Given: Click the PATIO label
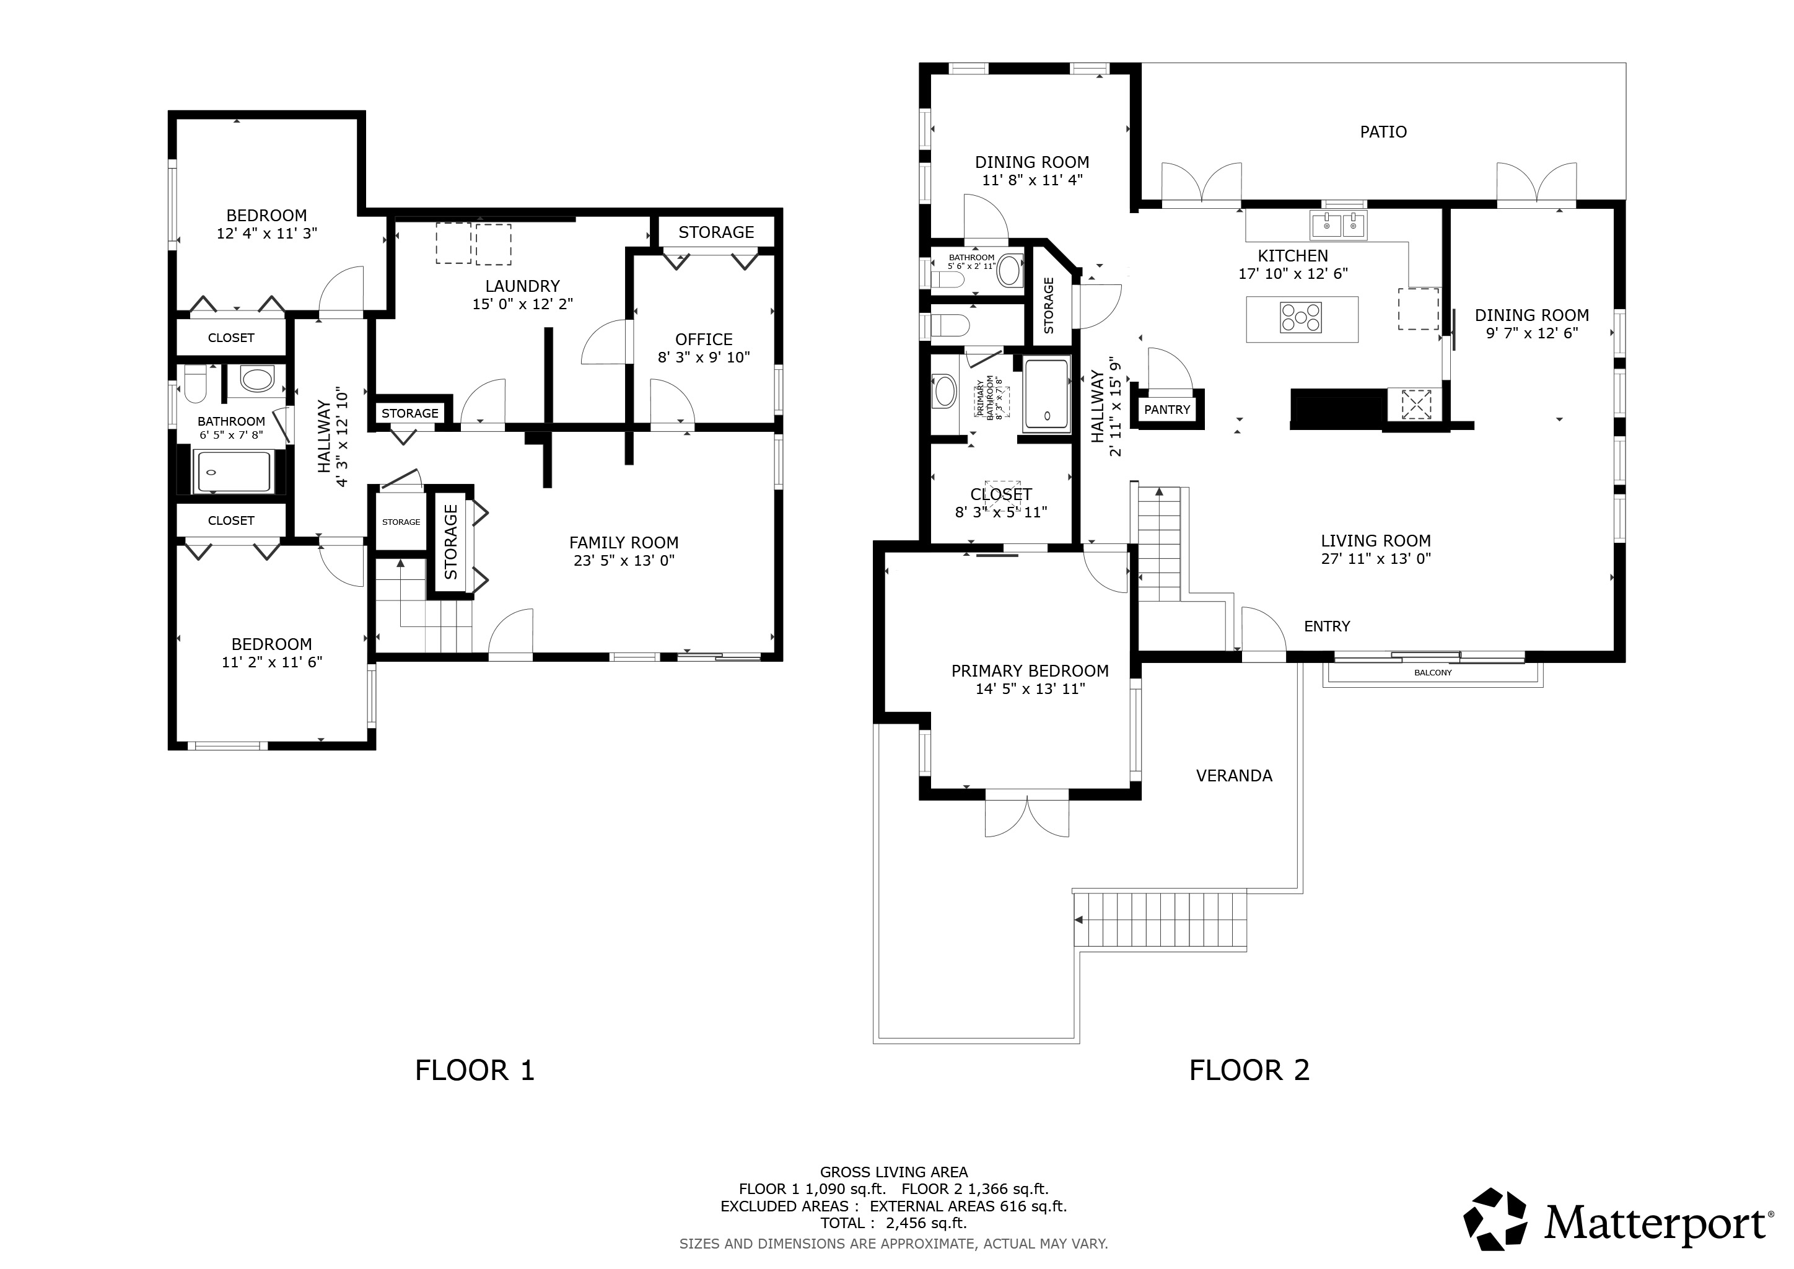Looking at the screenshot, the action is pos(1383,132).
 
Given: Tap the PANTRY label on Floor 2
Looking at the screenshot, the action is pos(1167,410).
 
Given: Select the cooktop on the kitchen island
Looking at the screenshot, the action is pos(1301,318).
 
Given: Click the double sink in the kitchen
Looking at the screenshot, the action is pos(1339,226).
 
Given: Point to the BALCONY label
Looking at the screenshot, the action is pos(1433,673).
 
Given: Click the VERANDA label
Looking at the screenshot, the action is pos(1234,776).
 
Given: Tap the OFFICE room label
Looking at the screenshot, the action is pos(704,340).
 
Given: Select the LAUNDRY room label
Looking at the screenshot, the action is pos(523,286).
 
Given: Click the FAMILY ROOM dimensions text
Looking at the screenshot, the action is pos(624,560).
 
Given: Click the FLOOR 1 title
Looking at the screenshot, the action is pos(475,1071).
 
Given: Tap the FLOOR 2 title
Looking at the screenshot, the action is pos(1249,1071).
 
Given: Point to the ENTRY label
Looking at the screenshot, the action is pos(1327,626).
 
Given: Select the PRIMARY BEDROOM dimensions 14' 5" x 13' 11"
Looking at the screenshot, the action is pos(1030,689).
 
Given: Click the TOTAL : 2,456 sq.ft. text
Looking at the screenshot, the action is pos(893,1224).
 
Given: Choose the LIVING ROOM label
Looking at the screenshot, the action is pos(1376,541).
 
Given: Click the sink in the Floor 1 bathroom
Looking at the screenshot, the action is pos(257,380).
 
